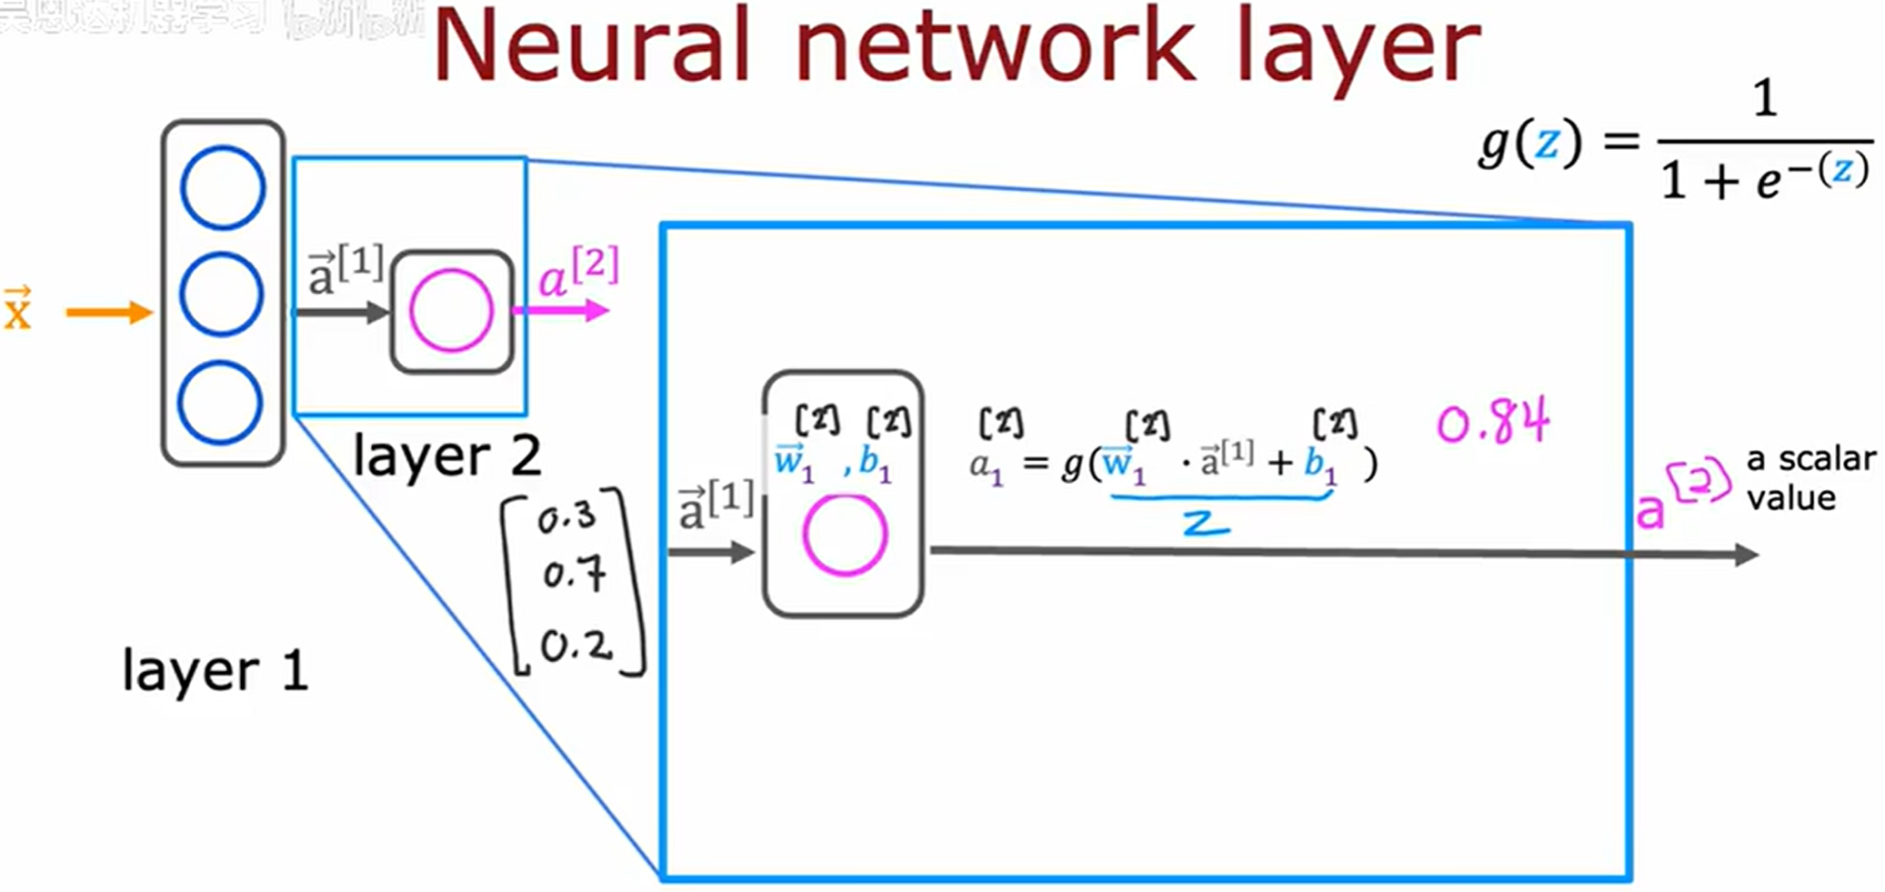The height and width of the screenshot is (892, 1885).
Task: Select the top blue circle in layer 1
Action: tap(222, 187)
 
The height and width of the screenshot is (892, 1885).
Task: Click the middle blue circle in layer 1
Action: tap(222, 295)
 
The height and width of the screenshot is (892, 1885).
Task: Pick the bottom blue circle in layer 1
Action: tap(220, 403)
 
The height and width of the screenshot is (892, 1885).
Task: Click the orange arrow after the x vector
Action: tap(109, 313)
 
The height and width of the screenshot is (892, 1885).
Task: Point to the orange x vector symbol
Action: tap(17, 309)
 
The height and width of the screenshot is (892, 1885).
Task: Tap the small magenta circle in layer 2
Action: tap(451, 311)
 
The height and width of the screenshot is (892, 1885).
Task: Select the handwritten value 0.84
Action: tap(1492, 423)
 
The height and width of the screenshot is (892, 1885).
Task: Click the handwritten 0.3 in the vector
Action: tap(566, 518)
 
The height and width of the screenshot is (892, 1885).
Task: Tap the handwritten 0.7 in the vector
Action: tap(574, 575)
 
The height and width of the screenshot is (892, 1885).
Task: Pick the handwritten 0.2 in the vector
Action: tap(576, 646)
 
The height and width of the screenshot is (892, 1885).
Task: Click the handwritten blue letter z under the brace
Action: tap(1206, 523)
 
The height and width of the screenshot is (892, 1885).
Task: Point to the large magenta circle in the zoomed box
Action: tap(844, 536)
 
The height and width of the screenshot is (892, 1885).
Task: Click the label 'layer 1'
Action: tap(216, 671)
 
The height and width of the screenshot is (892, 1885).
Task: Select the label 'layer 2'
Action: tap(446, 456)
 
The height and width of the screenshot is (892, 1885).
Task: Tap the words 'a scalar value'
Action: tap(1810, 478)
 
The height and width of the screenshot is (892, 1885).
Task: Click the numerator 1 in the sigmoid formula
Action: tap(1764, 98)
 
